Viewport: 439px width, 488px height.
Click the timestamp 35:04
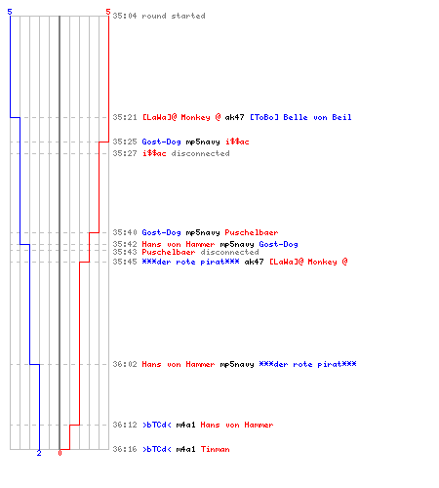125,16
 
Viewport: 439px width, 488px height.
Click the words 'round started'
174,16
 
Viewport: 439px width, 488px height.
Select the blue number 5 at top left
10,12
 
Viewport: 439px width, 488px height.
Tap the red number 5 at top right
108,12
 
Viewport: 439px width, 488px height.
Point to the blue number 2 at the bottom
39,453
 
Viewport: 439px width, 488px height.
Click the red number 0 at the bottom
60,453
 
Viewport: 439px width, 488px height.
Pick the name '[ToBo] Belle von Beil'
300,117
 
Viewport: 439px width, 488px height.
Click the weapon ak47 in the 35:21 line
234,117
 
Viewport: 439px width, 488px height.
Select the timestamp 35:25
125,142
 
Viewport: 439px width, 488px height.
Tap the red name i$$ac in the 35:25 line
237,142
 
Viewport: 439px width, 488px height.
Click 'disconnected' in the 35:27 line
200,153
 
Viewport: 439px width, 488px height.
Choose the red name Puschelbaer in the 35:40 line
252,232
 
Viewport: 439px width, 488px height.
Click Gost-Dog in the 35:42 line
278,244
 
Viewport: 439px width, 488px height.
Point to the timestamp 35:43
125,252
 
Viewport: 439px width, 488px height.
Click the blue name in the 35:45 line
190,262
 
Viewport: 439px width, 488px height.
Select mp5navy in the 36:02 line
237,364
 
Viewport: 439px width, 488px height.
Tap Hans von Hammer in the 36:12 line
237,425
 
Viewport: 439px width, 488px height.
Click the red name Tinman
215,449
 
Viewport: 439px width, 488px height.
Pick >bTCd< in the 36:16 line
157,449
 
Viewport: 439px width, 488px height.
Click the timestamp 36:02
125,364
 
